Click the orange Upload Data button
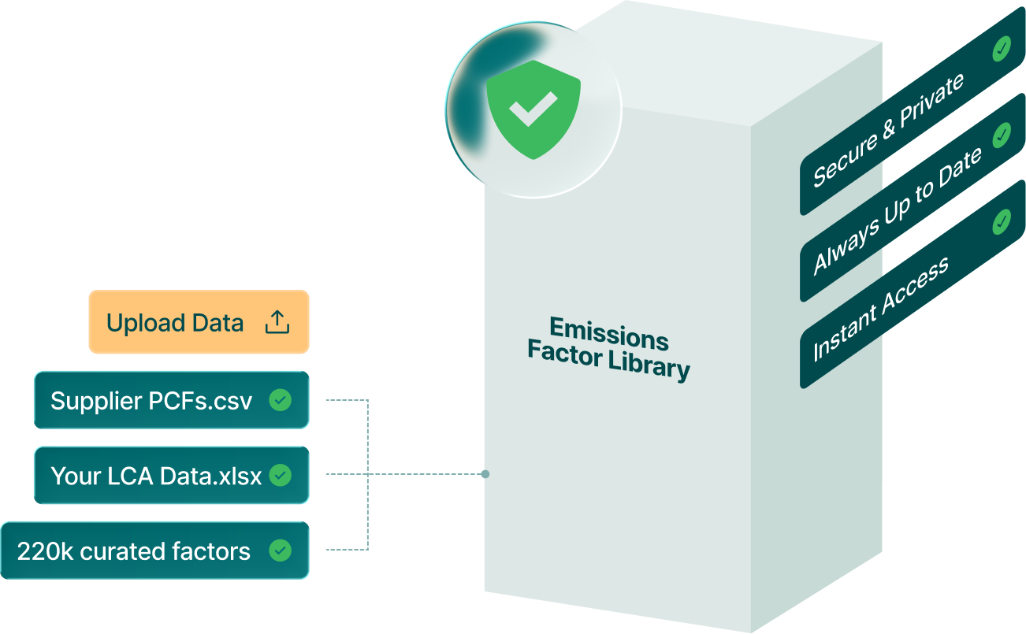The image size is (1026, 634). click(198, 321)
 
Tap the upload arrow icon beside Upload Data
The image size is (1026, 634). click(277, 322)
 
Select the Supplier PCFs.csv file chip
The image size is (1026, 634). click(171, 400)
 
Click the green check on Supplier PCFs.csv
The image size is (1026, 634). click(280, 400)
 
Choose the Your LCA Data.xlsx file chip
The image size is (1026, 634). click(171, 476)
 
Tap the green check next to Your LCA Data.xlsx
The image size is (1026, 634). click(280, 476)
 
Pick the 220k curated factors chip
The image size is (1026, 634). click(154, 551)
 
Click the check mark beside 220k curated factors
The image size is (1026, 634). click(280, 551)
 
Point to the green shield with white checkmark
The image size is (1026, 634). click(533, 109)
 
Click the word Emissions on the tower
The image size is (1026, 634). click(608, 332)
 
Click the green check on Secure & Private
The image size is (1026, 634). click(1002, 50)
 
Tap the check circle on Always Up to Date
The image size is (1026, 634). click(1002, 135)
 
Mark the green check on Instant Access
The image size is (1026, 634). click(1002, 222)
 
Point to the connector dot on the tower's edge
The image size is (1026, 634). click(485, 474)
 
